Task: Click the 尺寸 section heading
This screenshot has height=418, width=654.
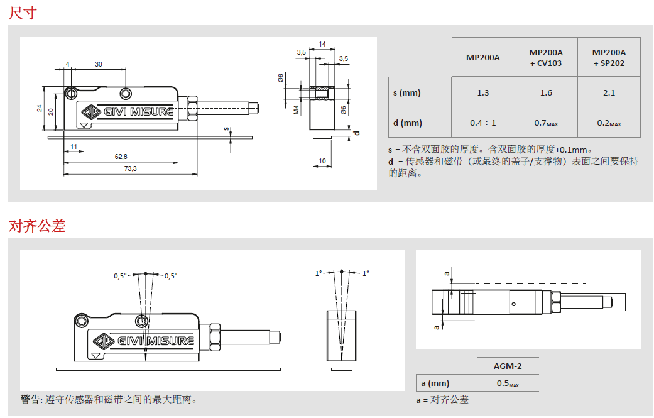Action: [23, 12]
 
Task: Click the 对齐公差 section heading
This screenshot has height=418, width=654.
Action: [37, 226]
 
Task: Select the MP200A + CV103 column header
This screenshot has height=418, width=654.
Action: [546, 58]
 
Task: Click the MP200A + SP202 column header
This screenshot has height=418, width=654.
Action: [609, 58]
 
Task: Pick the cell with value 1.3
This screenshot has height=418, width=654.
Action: [482, 92]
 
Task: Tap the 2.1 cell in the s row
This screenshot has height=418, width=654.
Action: [609, 92]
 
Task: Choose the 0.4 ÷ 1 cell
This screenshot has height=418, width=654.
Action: [482, 123]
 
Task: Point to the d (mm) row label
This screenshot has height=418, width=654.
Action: [408, 123]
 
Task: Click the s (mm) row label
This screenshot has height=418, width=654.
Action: [407, 92]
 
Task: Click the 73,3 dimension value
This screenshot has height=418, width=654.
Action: [130, 168]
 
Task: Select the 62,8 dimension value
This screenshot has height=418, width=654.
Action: [121, 157]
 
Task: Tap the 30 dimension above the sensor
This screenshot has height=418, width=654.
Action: [99, 64]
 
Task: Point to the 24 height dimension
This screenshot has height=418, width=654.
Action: [40, 109]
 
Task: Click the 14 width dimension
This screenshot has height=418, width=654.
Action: [322, 44]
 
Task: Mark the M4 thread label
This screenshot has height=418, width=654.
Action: [296, 110]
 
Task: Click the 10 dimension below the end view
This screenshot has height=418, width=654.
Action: [322, 161]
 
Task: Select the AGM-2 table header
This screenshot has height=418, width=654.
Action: [508, 366]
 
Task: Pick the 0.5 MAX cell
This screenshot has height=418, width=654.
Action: [508, 383]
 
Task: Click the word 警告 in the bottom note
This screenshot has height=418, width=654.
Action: [31, 399]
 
